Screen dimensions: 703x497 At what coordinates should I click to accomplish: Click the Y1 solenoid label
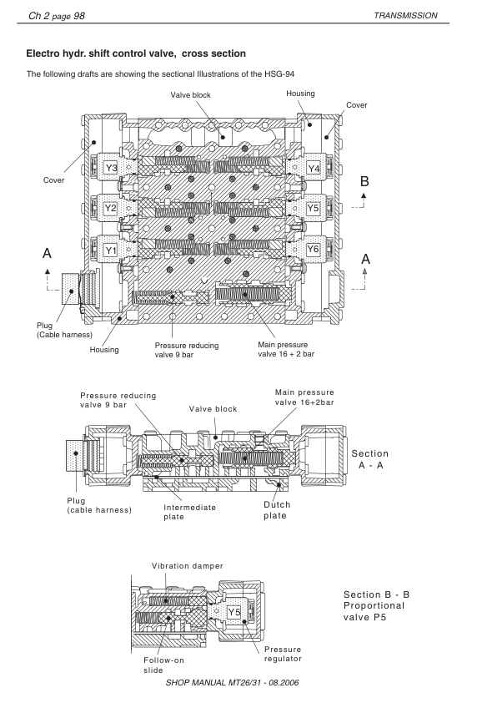coord(111,250)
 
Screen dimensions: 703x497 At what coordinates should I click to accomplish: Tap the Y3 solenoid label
coord(111,169)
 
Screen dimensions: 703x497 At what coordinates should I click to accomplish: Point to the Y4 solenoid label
coord(314,169)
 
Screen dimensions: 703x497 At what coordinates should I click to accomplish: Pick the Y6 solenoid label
coord(314,250)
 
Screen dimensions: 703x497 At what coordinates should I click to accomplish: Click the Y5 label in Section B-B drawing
coord(234,613)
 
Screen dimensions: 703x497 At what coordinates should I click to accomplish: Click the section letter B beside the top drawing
coord(364,181)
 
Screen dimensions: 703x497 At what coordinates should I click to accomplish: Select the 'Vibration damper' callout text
coord(188,566)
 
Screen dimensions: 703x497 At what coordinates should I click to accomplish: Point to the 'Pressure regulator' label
coord(283,654)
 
